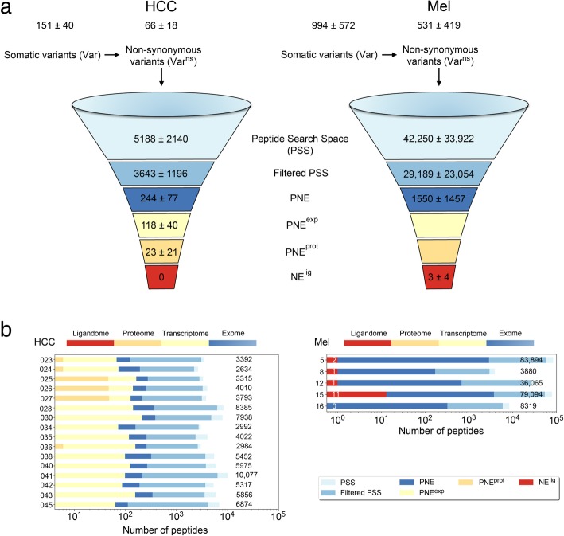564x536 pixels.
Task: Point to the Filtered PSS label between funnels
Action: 283,170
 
